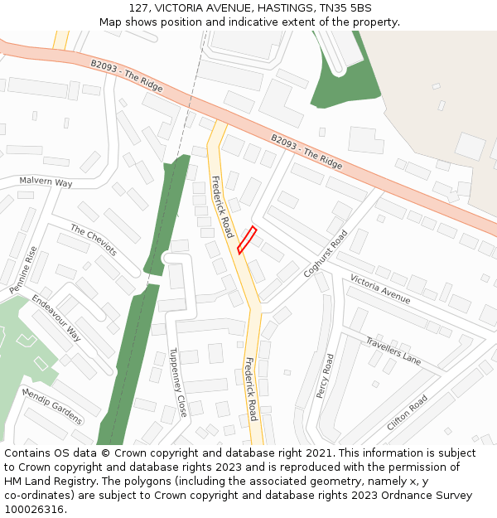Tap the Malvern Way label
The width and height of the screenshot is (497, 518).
[46, 182]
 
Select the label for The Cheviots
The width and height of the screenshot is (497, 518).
[94, 240]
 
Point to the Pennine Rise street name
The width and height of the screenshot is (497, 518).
[23, 270]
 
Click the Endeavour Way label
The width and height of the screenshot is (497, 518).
[56, 317]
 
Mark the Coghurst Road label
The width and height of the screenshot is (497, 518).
[326, 253]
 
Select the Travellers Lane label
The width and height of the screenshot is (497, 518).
[393, 350]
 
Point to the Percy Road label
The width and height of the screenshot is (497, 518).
[325, 375]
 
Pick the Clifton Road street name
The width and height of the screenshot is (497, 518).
[407, 412]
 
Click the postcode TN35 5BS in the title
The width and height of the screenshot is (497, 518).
[346, 8]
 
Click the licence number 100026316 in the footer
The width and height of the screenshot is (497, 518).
[35, 510]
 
